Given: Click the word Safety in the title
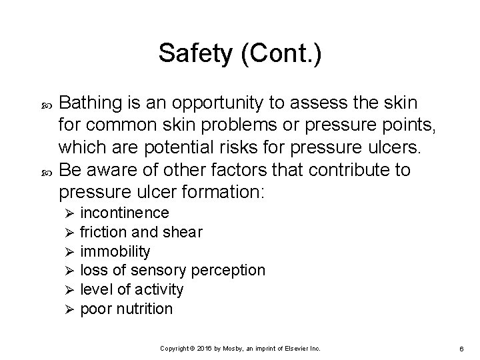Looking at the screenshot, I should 193,54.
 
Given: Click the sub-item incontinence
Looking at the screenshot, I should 125,213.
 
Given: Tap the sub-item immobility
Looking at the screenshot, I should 115,251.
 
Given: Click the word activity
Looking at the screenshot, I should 159,289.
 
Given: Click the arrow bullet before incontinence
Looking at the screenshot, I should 65,213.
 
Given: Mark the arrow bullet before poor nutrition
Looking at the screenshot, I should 65,309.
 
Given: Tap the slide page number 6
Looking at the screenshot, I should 451,349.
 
